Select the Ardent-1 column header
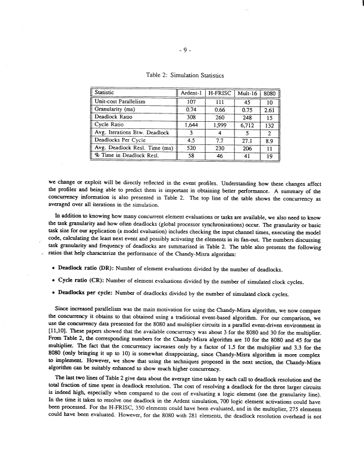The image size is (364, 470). [192, 93]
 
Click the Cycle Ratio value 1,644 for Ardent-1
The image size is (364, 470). [192, 125]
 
